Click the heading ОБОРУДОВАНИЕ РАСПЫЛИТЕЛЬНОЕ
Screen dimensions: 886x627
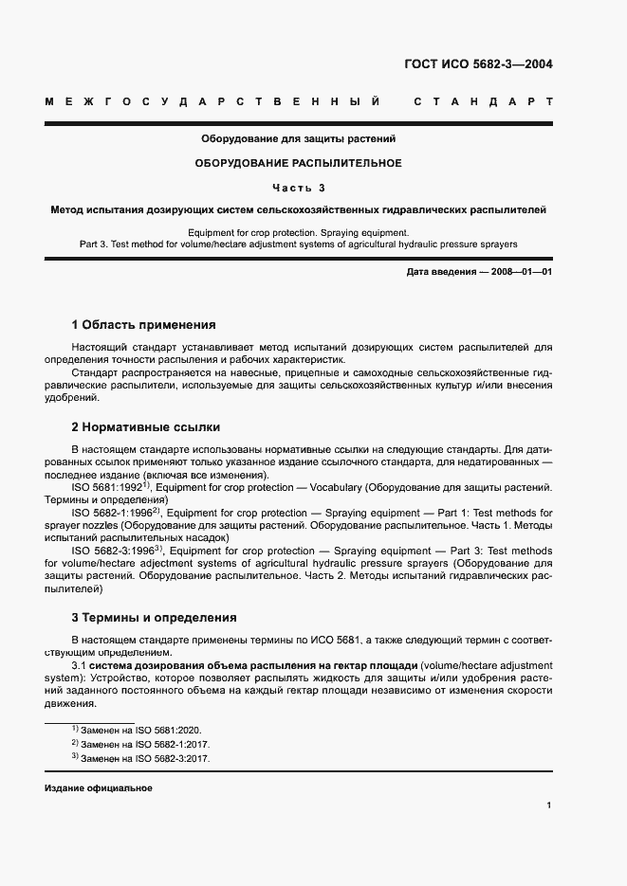tap(299, 163)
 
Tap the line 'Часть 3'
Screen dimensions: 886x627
tap(299, 187)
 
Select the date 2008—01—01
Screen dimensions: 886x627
tap(520, 273)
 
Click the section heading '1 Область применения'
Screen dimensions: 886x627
tap(143, 324)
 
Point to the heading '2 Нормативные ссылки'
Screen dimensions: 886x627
tap(145, 427)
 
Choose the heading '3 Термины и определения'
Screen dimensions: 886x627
tap(154, 618)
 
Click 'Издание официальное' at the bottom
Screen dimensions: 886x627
tap(99, 788)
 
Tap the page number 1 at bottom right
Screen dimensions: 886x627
tap(549, 805)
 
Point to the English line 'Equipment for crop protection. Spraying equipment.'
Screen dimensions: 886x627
tap(299, 232)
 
